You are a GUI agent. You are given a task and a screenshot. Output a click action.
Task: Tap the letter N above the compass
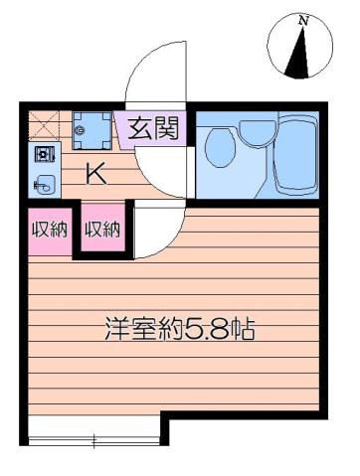[x=303, y=19]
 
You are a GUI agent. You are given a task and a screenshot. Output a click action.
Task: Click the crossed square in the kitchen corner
[x=44, y=124]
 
